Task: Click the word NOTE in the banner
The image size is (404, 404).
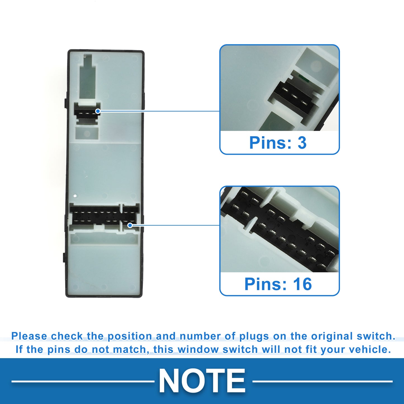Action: tap(202, 380)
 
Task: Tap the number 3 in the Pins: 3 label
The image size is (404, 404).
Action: tap(302, 143)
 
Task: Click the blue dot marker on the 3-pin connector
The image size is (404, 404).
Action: tap(98, 111)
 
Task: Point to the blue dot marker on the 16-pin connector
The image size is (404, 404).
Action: tap(130, 225)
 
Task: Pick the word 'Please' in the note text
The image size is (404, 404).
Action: tap(29, 336)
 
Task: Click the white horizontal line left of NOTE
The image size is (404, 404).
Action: tap(83, 381)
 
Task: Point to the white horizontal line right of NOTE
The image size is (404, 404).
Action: tap(322, 381)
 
